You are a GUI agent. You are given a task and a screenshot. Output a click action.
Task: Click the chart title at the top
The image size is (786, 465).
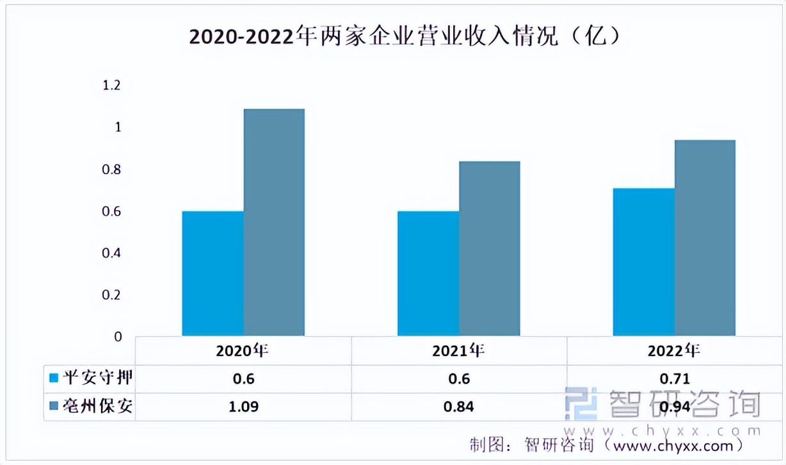click(405, 37)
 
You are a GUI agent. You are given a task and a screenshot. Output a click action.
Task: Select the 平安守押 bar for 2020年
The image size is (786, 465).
click(213, 273)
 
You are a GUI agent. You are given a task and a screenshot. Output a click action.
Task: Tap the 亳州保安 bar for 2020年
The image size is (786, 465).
click(274, 222)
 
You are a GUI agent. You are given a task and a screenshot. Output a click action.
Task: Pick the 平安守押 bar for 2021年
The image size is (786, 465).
click(428, 273)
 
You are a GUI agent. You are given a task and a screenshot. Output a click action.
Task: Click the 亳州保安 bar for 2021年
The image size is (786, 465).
click(489, 249)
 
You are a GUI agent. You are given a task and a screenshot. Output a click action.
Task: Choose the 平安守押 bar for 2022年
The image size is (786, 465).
click(643, 262)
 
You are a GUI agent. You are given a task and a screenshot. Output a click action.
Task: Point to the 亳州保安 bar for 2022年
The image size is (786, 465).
click(705, 238)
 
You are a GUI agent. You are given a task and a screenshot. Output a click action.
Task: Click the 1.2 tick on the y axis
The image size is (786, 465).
click(111, 85)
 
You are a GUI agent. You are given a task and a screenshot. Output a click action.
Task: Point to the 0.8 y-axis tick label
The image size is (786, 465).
click(111, 170)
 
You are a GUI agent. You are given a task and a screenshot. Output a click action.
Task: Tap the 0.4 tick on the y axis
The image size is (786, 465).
click(111, 253)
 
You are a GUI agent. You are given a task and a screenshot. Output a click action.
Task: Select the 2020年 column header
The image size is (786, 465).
click(243, 350)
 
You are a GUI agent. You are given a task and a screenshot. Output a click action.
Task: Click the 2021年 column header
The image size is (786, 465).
click(458, 350)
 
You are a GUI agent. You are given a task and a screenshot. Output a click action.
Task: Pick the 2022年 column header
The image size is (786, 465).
click(673, 350)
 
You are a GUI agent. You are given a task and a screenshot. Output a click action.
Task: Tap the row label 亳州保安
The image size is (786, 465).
click(97, 406)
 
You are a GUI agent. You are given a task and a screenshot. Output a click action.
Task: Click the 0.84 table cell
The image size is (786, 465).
click(459, 407)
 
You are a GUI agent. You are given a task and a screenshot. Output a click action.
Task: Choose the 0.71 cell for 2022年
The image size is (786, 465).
click(674, 379)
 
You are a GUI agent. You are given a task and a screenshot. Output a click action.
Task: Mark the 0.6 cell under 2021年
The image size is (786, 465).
click(459, 379)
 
